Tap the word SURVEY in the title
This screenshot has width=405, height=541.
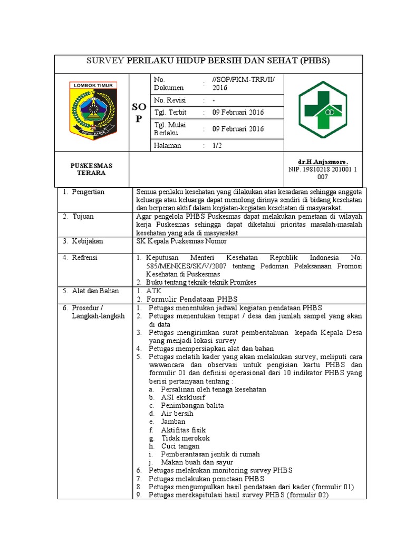pyautogui.click(x=105, y=61)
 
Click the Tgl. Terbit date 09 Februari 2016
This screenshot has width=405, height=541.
pyautogui.click(x=238, y=113)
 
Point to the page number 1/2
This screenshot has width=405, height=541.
pyautogui.click(x=217, y=145)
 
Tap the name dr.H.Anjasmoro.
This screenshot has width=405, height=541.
pyautogui.click(x=323, y=161)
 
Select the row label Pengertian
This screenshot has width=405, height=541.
pyautogui.click(x=89, y=192)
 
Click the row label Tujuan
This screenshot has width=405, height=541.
pyautogui.click(x=84, y=217)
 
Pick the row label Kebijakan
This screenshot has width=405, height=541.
pyautogui.click(x=88, y=241)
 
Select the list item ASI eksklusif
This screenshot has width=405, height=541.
pyautogui.click(x=183, y=397)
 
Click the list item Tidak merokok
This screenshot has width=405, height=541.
pyautogui.click(x=185, y=438)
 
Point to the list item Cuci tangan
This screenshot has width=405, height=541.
pyautogui.click(x=180, y=446)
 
